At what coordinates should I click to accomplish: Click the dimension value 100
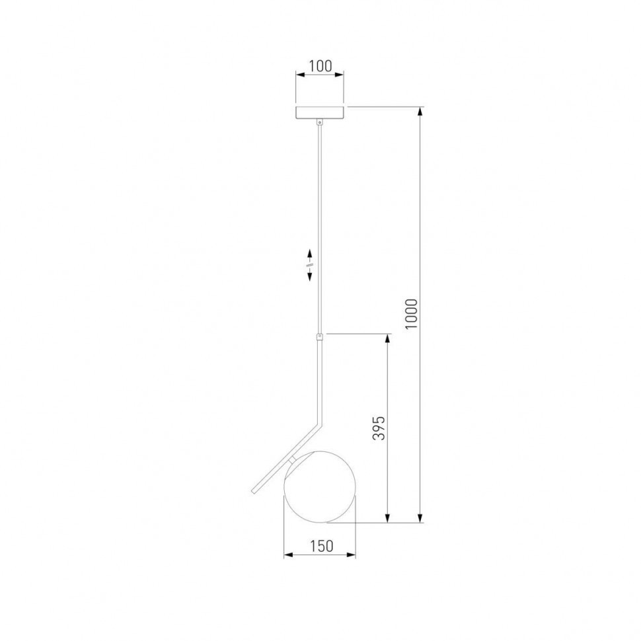tap(320, 66)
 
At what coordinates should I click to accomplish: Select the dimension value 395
tap(379, 428)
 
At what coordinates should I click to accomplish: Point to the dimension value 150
tap(321, 546)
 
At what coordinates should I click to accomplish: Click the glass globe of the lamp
tap(320, 486)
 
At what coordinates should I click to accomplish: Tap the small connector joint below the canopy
tap(320, 122)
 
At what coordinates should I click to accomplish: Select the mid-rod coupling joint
tap(320, 337)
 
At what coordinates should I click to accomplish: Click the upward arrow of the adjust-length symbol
tap(309, 256)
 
